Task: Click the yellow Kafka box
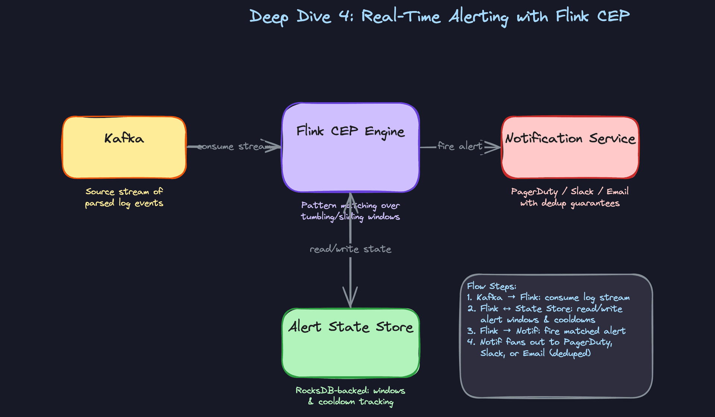[x=124, y=156]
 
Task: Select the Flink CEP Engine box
[x=350, y=160]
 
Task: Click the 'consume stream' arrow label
[x=233, y=146]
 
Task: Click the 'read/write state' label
[x=350, y=249]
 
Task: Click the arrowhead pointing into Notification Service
[x=493, y=147]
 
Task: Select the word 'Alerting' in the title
[x=478, y=17]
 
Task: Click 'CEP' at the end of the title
[x=613, y=16]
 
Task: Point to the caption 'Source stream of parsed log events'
[x=124, y=197]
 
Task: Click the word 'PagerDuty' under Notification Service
[x=534, y=192]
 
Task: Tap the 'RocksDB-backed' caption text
[x=332, y=390]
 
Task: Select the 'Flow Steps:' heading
[x=492, y=286]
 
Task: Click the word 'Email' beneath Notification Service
[x=617, y=191]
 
